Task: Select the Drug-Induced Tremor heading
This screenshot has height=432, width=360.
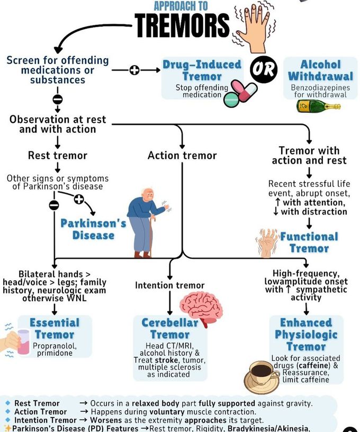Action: [x=202, y=70]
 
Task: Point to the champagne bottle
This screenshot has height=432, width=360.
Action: [x=318, y=106]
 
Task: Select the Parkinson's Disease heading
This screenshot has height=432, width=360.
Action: [x=93, y=229]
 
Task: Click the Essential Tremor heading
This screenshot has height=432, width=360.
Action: [x=55, y=328]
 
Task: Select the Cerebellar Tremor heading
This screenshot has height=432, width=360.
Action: [x=170, y=328]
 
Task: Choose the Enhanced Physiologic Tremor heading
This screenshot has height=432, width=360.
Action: [x=306, y=335]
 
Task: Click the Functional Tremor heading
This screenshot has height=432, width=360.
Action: [x=309, y=242]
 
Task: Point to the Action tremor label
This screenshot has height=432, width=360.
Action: [x=182, y=155]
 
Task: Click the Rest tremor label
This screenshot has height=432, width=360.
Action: [x=58, y=155]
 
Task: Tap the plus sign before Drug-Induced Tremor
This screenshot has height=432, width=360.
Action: [x=134, y=70]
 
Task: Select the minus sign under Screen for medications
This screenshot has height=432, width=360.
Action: [x=58, y=100]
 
